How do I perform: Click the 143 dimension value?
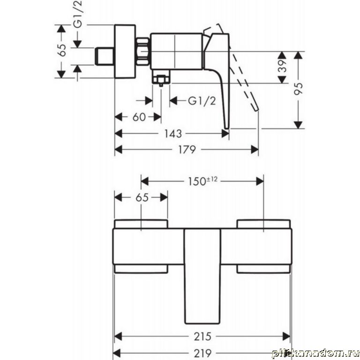173,134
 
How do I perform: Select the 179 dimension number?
187,150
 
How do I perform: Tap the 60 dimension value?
139,117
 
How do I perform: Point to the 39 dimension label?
283,67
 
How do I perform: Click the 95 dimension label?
299,89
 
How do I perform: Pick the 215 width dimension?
202,337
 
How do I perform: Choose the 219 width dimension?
202,352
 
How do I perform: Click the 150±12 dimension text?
202,181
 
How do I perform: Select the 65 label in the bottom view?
142,197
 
